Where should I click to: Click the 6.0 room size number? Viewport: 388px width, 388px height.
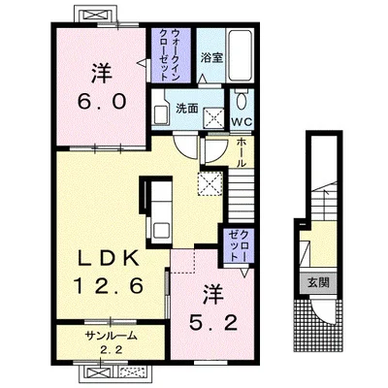click(x=101, y=102)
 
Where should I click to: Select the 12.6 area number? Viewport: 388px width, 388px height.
click(x=108, y=286)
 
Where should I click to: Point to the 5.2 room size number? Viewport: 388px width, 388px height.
click(x=213, y=322)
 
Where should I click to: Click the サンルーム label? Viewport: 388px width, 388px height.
click(x=111, y=337)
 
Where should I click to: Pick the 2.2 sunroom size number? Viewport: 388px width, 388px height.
click(x=111, y=350)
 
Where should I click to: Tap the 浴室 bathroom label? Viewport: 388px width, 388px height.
click(x=211, y=58)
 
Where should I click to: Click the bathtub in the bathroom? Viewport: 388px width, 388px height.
click(x=240, y=56)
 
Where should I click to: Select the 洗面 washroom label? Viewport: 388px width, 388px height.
click(x=187, y=109)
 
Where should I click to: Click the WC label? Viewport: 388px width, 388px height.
click(x=242, y=122)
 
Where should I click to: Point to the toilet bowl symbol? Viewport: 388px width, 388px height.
click(x=241, y=102)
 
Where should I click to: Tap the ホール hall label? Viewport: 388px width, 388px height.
click(x=241, y=152)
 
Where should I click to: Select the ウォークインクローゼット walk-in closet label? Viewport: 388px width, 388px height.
click(x=170, y=54)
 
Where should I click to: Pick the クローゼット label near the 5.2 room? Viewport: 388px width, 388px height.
click(x=239, y=246)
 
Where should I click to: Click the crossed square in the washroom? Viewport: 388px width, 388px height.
click(x=213, y=118)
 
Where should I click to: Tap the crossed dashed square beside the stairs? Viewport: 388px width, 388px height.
click(x=210, y=183)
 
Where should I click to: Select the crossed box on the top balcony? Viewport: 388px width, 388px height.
click(x=95, y=15)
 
